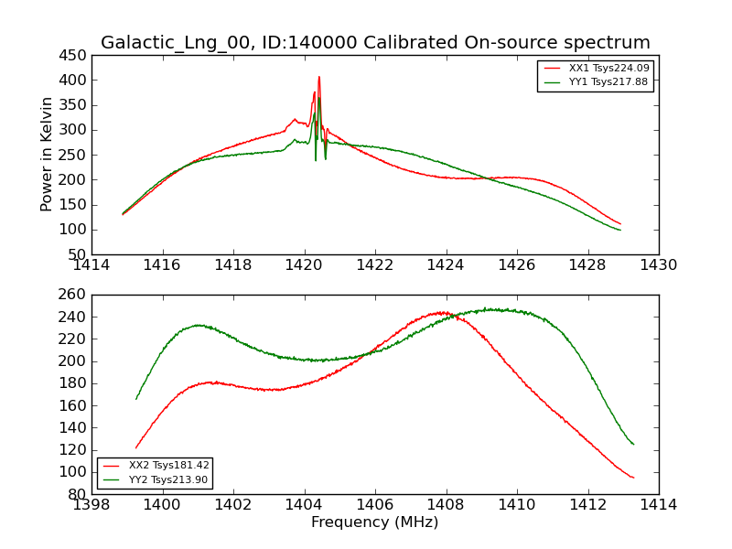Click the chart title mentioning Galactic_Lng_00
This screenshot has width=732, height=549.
tap(375, 43)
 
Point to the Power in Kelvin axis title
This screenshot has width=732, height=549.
tap(47, 155)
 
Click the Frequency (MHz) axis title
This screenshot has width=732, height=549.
tap(375, 522)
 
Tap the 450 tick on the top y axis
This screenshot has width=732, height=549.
tap(73, 55)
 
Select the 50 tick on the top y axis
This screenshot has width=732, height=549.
tap(77, 254)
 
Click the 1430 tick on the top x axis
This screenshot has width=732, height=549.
tap(659, 266)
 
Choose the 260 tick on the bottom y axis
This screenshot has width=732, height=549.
tap(73, 295)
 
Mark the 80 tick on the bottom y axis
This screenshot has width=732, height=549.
tap(77, 494)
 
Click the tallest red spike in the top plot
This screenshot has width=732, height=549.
tap(319, 77)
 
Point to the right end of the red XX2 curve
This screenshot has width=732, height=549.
tap(633, 478)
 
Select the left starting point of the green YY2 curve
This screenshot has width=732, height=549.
tap(136, 399)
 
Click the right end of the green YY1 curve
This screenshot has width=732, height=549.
tap(619, 230)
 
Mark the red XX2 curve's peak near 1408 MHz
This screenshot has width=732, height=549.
tap(443, 312)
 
